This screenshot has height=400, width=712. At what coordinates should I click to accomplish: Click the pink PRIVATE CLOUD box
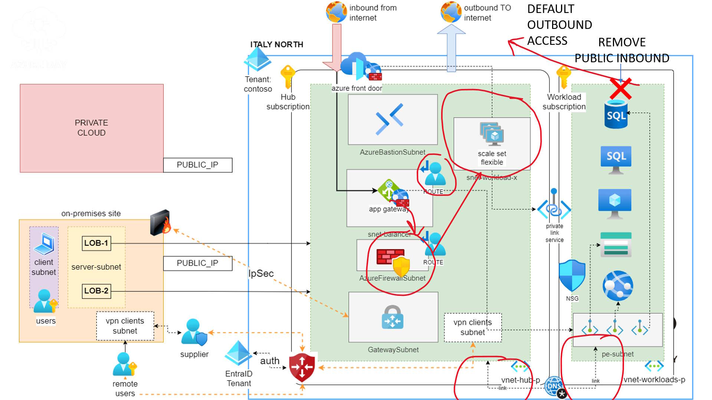point(91,128)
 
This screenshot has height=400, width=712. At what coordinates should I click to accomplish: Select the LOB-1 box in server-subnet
point(96,243)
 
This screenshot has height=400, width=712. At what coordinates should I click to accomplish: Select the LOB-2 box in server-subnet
point(96,291)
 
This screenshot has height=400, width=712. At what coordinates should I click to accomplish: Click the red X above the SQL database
point(621,89)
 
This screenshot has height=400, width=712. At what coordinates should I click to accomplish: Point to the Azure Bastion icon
point(389,119)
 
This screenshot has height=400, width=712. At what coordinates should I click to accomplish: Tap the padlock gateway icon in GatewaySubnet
point(392,317)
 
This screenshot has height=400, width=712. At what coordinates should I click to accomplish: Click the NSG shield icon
point(572,276)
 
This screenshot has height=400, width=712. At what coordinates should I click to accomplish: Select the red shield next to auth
point(302,367)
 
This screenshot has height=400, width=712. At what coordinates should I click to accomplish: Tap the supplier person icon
point(194,332)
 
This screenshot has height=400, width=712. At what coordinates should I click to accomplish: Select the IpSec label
point(261,274)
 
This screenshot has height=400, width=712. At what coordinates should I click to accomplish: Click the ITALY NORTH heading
point(276,44)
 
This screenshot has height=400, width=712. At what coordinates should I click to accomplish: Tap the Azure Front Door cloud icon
point(356,67)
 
